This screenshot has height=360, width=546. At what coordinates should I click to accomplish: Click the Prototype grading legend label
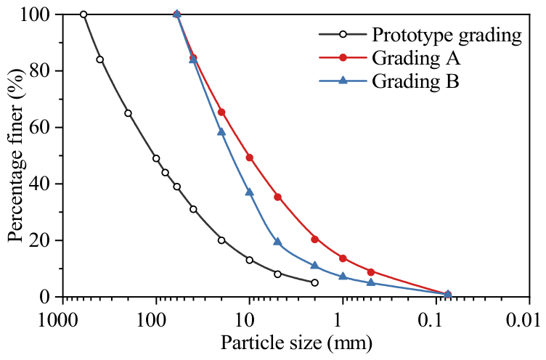tap(447, 35)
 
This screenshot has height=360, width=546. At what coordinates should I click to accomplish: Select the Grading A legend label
tap(416, 58)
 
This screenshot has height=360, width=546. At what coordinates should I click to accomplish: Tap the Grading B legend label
tap(415, 81)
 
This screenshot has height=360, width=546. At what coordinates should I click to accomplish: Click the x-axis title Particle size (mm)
tap(296, 343)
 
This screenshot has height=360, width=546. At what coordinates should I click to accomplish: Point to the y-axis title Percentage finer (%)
tap(17, 155)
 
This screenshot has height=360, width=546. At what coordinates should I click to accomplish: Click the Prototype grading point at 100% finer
tap(83, 15)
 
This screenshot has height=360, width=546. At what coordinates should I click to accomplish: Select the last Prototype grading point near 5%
tap(315, 283)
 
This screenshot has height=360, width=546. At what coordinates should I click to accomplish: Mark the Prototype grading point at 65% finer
tap(128, 113)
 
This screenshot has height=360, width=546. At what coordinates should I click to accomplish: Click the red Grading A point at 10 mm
tap(249, 157)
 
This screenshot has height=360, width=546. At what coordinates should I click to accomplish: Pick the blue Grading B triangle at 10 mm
tap(249, 192)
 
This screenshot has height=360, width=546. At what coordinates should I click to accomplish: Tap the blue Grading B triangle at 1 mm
tap(343, 276)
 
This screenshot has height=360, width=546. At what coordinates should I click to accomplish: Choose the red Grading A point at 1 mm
tap(343, 258)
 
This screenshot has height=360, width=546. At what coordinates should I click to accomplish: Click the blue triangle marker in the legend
tap(343, 81)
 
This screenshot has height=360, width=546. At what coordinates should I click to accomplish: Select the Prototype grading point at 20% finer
tap(221, 240)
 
